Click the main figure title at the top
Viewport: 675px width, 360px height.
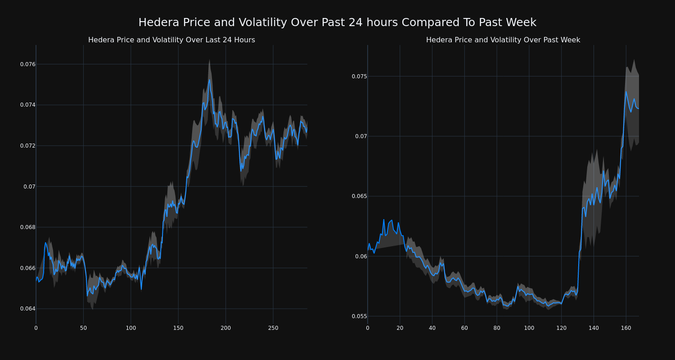pyautogui.click(x=337, y=22)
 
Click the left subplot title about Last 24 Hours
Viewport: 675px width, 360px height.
pyautogui.click(x=171, y=40)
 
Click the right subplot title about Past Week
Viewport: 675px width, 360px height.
pyautogui.click(x=503, y=40)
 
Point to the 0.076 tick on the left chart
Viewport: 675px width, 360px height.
pyautogui.click(x=27, y=64)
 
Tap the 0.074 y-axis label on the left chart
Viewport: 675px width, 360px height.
pyautogui.click(x=27, y=105)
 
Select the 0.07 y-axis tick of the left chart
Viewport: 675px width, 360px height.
pyautogui.click(x=29, y=186)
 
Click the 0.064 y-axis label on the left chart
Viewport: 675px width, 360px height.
pyautogui.click(x=27, y=309)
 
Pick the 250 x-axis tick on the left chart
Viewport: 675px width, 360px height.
pyautogui.click(x=273, y=328)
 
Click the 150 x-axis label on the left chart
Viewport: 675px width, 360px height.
pyautogui.click(x=178, y=328)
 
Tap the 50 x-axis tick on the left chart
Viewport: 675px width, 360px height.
pyautogui.click(x=83, y=328)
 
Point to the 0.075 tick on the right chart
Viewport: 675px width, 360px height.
pyautogui.click(x=359, y=76)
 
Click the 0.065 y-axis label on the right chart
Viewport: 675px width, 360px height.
pyautogui.click(x=359, y=196)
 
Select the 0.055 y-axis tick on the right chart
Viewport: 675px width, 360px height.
pyautogui.click(x=359, y=316)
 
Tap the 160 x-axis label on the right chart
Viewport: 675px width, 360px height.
pyautogui.click(x=625, y=328)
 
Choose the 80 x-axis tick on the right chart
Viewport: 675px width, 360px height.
pyautogui.click(x=497, y=328)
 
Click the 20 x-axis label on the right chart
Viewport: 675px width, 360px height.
pyautogui.click(x=400, y=328)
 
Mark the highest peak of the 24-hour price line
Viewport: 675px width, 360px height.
pyautogui.click(x=209, y=80)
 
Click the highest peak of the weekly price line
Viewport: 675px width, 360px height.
pyautogui.click(x=625, y=91)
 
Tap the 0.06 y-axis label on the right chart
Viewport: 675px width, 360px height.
pyautogui.click(x=361, y=256)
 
